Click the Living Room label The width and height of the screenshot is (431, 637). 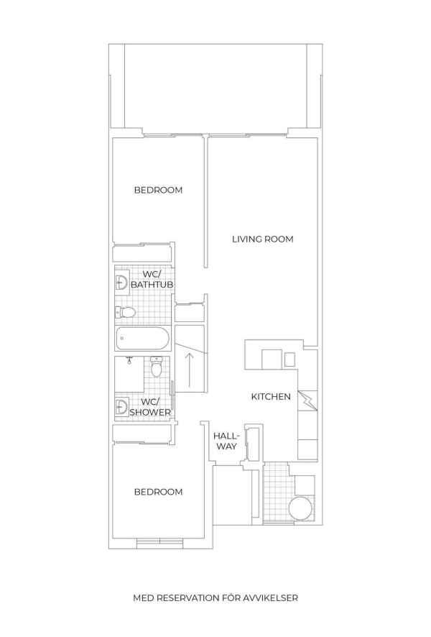[x=263, y=239]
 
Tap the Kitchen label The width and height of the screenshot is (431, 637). [x=271, y=396]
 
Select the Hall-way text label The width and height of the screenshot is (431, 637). [x=227, y=441]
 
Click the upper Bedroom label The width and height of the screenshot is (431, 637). [x=158, y=190]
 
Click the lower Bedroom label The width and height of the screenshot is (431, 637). [x=158, y=492]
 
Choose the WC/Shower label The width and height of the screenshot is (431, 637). [x=149, y=407]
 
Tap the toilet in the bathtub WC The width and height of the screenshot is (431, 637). [x=126, y=313]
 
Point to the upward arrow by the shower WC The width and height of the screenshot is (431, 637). [x=189, y=370]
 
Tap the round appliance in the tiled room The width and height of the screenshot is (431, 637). [x=301, y=508]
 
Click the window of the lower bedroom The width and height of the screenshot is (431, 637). [x=160, y=541]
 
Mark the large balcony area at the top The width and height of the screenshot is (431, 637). [x=215, y=88]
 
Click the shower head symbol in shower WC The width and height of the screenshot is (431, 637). [x=129, y=360]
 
